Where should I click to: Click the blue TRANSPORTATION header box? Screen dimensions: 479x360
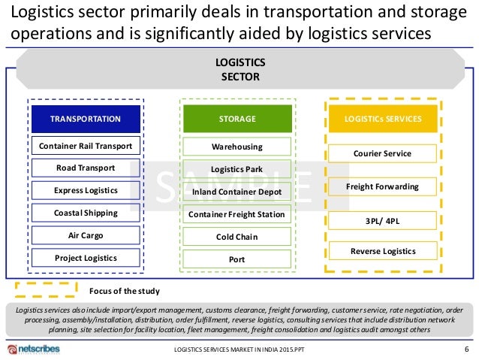(x=86, y=119)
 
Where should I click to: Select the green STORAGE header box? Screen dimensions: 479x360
(x=236, y=119)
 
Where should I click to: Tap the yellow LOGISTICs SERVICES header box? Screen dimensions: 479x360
(x=383, y=119)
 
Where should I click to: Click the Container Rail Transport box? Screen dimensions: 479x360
(x=86, y=146)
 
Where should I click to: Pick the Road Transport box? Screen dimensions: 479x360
(x=86, y=168)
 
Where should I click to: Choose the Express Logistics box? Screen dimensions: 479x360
(x=86, y=190)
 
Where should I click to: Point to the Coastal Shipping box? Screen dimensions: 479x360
(x=86, y=213)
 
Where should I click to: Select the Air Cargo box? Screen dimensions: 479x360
(x=86, y=235)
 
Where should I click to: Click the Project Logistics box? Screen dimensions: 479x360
(x=86, y=258)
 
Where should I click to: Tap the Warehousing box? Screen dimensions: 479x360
(x=236, y=147)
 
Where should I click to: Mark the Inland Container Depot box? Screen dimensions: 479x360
(x=236, y=192)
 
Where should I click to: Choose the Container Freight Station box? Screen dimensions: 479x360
(x=236, y=215)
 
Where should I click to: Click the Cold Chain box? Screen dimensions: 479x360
(x=236, y=237)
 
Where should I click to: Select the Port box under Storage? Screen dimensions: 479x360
(x=236, y=260)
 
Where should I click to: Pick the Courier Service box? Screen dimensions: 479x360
(x=382, y=153)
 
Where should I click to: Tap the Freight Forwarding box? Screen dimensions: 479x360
(x=382, y=186)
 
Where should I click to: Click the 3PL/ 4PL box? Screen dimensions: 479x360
(x=382, y=220)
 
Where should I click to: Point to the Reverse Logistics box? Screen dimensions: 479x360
(x=382, y=251)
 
